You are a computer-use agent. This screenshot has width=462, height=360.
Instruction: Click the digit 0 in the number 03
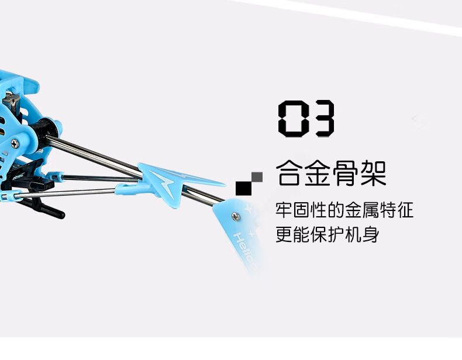click(x=292, y=119)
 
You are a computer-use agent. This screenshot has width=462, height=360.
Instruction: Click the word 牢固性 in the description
click(x=302, y=210)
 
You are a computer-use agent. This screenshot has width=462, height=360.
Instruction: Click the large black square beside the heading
click(x=243, y=186)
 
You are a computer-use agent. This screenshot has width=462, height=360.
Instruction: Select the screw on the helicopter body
click(x=15, y=143)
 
